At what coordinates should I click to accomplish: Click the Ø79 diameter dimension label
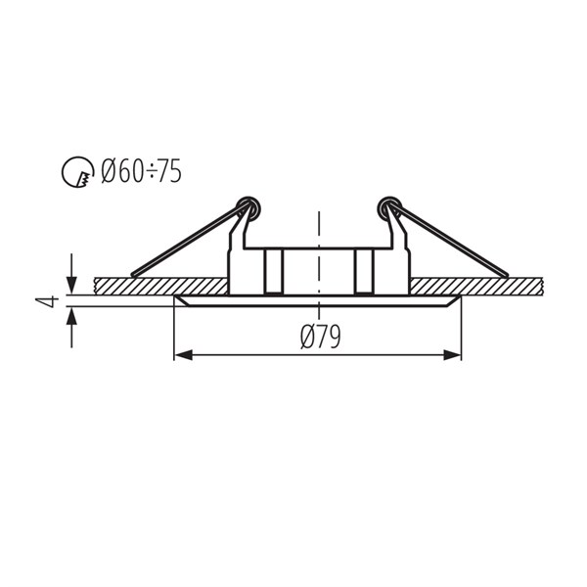click(x=321, y=337)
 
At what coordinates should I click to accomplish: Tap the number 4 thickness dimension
click(x=48, y=301)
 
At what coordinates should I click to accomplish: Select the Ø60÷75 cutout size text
click(x=142, y=171)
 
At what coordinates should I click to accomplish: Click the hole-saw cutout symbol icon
click(x=77, y=171)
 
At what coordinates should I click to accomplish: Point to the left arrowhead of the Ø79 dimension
click(x=184, y=355)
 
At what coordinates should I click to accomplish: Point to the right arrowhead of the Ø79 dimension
click(x=452, y=355)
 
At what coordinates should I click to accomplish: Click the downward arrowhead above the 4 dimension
click(x=71, y=286)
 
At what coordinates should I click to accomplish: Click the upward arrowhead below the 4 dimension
click(x=71, y=316)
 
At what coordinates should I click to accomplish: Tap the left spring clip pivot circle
click(x=248, y=207)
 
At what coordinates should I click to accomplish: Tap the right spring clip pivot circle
click(x=389, y=207)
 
